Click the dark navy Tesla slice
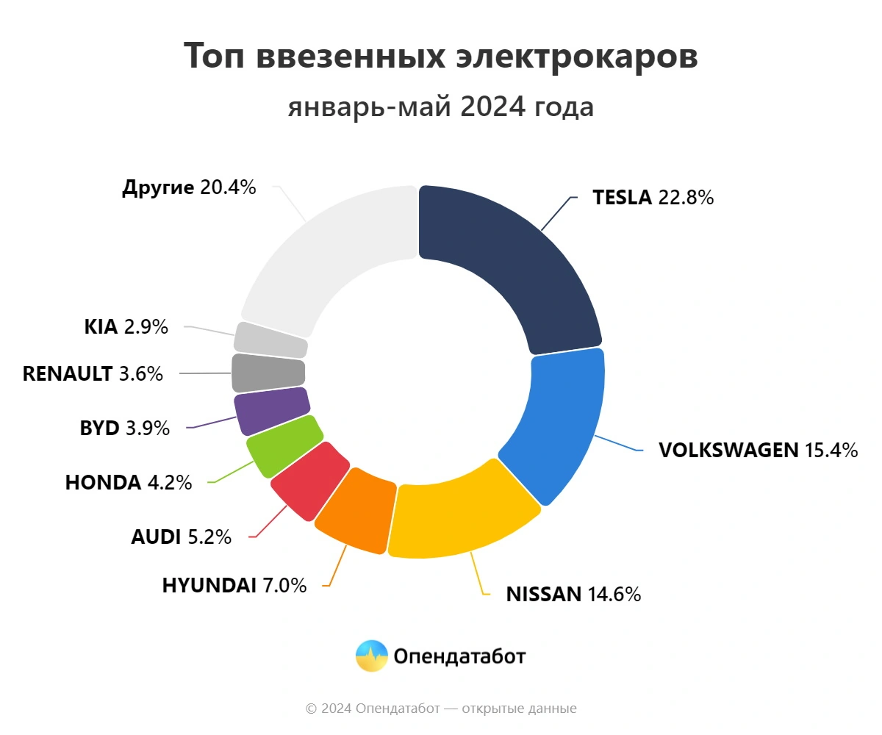click(507, 265)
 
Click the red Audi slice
click(309, 481)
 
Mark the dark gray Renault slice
click(268, 373)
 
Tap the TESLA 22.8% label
click(653, 198)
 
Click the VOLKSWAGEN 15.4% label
click(758, 450)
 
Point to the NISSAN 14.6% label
click(573, 594)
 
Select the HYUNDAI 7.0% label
click(234, 585)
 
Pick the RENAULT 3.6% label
click(93, 373)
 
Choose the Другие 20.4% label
click(189, 187)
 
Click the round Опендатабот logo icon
click(372, 656)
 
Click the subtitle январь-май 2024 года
click(441, 107)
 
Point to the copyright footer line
click(441, 709)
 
